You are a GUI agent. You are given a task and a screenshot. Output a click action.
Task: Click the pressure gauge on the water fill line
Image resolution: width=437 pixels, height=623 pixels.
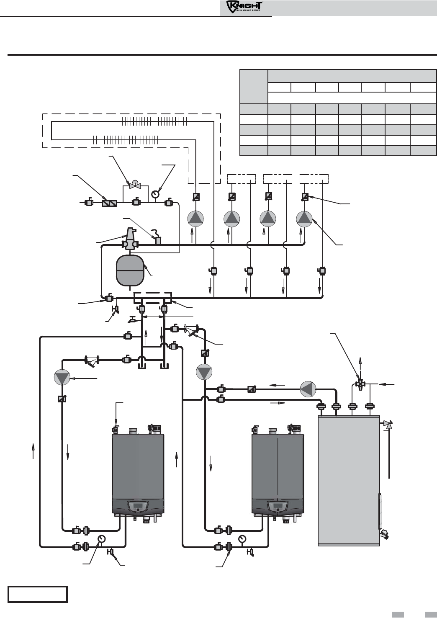coord(155,194)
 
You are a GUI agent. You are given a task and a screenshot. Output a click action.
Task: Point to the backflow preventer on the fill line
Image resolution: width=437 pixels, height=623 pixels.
coord(109,203)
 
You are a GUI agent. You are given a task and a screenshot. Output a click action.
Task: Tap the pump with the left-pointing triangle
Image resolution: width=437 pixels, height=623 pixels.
coord(308,389)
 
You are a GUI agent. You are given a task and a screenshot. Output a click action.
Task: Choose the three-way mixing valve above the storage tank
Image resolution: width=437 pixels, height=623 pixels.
coord(360,384)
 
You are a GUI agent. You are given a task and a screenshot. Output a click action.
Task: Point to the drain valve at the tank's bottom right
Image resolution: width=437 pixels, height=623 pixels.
coord(384,534)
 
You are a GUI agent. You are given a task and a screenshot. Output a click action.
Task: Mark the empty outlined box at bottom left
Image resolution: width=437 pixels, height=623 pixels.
coord(38,594)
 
